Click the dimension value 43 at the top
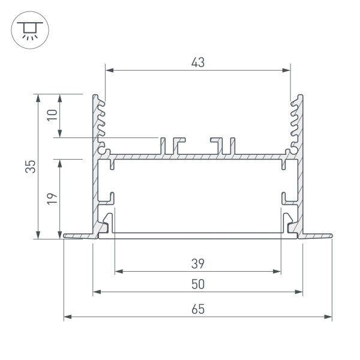click(198, 62)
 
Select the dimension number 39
click(198, 263)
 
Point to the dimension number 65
click(198, 309)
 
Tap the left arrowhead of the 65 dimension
click(66, 316)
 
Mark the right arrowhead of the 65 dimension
click(329, 316)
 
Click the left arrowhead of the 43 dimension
click(108, 70)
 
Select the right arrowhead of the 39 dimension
click(278, 271)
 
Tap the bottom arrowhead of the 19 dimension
click(60, 237)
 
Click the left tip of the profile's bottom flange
click(65, 237)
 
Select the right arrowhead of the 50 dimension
click(299, 292)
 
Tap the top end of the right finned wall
click(300, 95)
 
